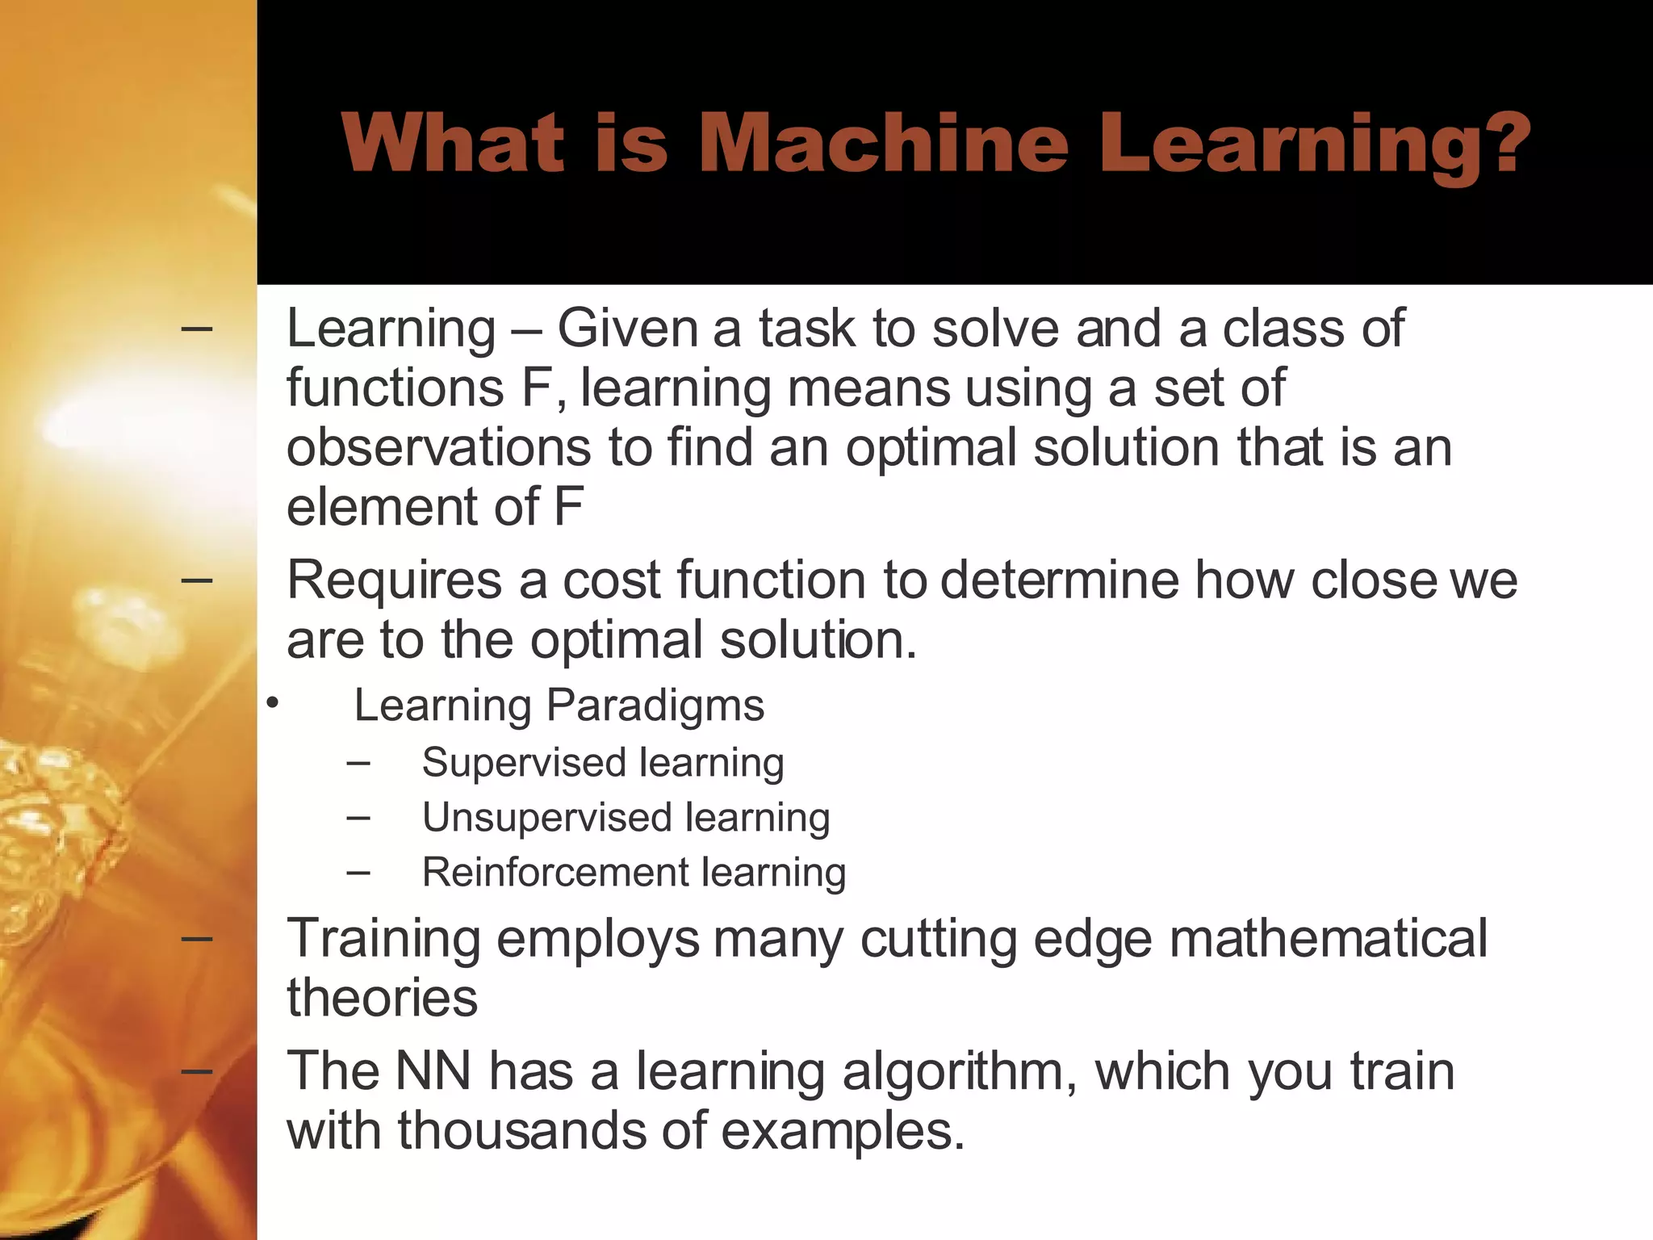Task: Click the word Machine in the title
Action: click(884, 144)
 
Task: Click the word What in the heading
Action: click(452, 144)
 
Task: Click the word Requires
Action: click(394, 580)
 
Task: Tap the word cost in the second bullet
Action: click(611, 580)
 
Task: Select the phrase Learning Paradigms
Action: click(559, 705)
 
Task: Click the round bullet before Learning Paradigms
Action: click(273, 704)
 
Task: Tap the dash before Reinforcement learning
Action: click(358, 872)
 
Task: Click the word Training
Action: click(383, 938)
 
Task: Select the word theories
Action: click(382, 998)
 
